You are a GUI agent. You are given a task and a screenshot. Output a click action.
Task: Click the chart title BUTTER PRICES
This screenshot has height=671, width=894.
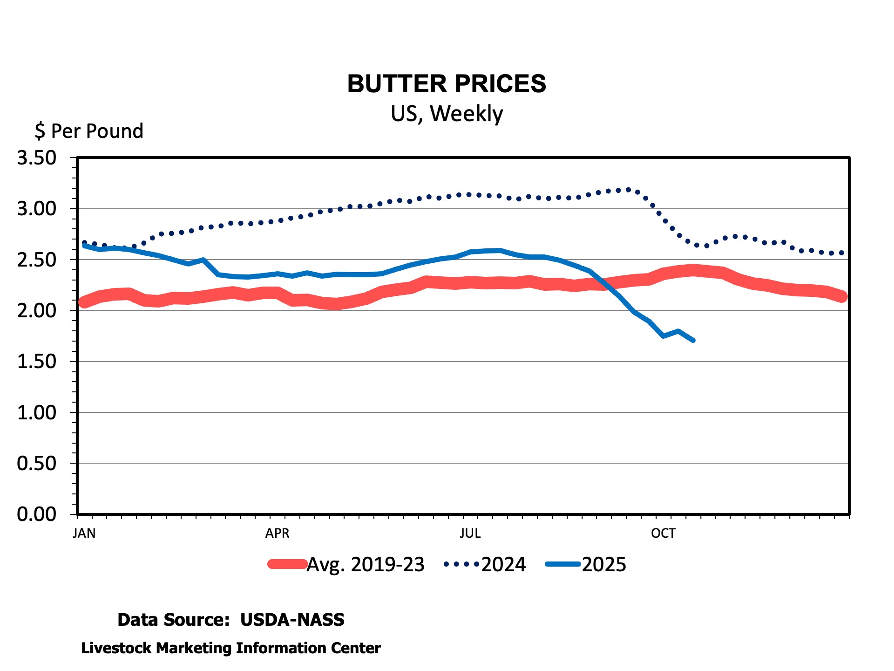pyautogui.click(x=447, y=84)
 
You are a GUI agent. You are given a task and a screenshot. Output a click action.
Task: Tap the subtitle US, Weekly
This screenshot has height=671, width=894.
pyautogui.click(x=447, y=114)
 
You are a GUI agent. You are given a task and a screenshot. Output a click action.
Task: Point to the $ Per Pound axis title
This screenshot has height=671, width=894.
pyautogui.click(x=89, y=131)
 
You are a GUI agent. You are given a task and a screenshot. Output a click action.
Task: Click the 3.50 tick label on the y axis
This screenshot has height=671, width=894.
pyautogui.click(x=37, y=158)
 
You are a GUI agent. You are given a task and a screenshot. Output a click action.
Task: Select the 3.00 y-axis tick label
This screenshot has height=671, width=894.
pyautogui.click(x=37, y=209)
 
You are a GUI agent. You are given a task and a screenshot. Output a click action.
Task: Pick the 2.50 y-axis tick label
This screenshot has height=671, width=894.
pyautogui.click(x=37, y=260)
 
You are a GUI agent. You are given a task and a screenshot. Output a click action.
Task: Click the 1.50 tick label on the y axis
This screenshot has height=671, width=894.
pyautogui.click(x=37, y=362)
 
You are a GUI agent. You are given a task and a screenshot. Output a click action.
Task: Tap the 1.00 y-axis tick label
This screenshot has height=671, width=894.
pyautogui.click(x=37, y=412)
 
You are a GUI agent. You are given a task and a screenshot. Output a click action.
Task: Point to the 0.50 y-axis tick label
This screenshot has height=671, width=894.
pyautogui.click(x=37, y=463)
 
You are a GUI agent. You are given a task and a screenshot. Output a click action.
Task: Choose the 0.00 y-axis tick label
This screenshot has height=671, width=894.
pyautogui.click(x=37, y=514)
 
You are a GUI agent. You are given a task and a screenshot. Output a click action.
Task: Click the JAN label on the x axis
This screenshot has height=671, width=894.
pyautogui.click(x=84, y=533)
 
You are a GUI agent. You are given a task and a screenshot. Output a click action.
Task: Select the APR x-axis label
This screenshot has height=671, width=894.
pyautogui.click(x=278, y=533)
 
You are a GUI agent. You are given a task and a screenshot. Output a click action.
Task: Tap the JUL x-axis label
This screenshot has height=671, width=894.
pyautogui.click(x=470, y=533)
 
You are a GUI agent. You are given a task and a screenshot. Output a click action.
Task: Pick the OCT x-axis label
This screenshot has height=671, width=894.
pyautogui.click(x=663, y=533)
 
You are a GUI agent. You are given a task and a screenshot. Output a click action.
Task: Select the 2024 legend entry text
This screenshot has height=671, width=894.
pyautogui.click(x=503, y=565)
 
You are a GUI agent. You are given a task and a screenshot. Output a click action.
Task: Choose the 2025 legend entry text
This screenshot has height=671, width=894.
pyautogui.click(x=604, y=565)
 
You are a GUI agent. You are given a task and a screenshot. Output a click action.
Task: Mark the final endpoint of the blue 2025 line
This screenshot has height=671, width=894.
pyautogui.click(x=693, y=341)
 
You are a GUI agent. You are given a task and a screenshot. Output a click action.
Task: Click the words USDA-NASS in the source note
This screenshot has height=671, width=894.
pyautogui.click(x=292, y=620)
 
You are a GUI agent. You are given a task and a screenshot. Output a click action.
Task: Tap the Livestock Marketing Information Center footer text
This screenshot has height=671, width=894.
pyautogui.click(x=231, y=648)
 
